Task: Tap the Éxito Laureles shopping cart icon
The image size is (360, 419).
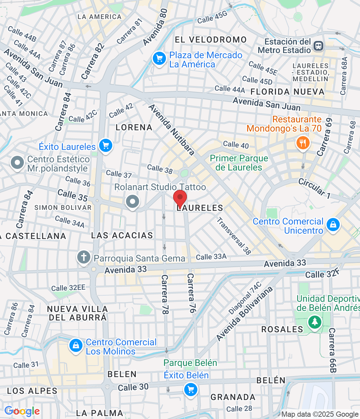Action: [105, 145]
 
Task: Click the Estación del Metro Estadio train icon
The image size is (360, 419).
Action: [318, 46]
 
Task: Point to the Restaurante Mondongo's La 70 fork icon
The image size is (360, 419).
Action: [303, 143]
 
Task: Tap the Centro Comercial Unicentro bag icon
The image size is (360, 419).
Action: [333, 225]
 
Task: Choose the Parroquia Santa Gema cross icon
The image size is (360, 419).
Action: [84, 257]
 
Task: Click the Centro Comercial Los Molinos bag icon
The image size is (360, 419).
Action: [76, 345]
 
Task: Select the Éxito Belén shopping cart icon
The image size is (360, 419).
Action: [190, 390]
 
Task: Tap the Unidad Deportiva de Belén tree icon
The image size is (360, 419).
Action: [315, 322]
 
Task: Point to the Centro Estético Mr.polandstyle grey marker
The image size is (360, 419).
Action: [17, 163]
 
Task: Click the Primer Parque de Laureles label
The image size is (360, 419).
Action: [239, 163]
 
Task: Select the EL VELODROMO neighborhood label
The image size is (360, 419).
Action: [211, 40]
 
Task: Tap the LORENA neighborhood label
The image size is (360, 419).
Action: [134, 127]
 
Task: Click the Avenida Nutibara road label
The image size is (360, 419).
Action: [171, 130]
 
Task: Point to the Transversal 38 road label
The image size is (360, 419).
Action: [234, 236]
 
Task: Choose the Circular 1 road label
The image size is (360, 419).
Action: [314, 188]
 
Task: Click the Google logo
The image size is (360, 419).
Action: [22, 411]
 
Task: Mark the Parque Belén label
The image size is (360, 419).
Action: [190, 363]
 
